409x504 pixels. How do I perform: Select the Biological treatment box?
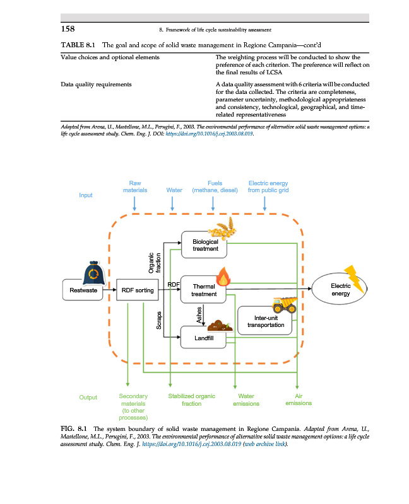205,245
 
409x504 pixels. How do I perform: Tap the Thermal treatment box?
204,290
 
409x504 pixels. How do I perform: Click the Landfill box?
204,339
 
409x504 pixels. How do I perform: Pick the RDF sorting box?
136,290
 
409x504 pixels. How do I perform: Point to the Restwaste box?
84,290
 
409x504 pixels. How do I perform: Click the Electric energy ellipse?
340,290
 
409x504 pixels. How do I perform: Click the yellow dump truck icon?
284,304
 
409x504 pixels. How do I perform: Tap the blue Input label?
85,195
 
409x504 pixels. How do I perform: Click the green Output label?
88,398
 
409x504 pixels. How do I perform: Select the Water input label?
174,190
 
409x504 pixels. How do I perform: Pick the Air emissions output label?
298,399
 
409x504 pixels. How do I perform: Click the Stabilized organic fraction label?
191,399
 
